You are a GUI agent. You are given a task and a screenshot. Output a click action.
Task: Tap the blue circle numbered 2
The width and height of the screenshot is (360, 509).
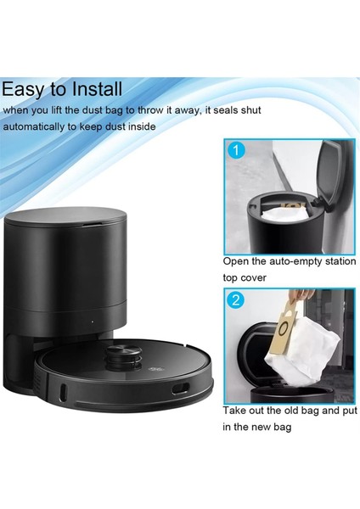pos(238,302)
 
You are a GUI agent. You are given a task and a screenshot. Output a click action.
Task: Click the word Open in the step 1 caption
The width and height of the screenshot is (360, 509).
pos(238,261)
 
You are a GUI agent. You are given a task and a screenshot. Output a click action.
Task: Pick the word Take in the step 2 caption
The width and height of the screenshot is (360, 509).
pos(237,411)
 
